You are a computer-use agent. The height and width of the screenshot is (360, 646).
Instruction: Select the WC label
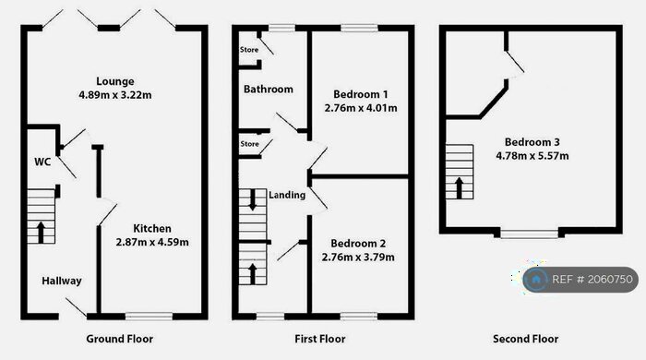[x=42, y=162]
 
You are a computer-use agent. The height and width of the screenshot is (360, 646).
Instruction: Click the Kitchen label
[x=152, y=228]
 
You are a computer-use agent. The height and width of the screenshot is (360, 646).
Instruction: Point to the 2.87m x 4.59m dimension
[x=152, y=242]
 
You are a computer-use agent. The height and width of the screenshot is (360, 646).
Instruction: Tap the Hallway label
[x=62, y=282]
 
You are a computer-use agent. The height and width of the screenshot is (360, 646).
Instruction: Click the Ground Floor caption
[x=119, y=339]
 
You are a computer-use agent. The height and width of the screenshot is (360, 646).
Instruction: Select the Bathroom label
[x=268, y=90]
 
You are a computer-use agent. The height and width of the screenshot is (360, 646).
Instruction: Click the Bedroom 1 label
[x=360, y=94]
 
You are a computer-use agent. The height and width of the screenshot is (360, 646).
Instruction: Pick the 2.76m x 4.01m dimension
[x=360, y=108]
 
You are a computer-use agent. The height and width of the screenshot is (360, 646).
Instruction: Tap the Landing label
[x=287, y=195]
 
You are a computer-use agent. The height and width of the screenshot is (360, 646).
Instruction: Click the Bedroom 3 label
[x=532, y=142]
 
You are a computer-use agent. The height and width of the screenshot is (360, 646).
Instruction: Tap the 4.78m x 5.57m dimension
[x=532, y=156]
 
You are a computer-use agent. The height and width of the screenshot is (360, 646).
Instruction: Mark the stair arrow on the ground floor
[x=41, y=230]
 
